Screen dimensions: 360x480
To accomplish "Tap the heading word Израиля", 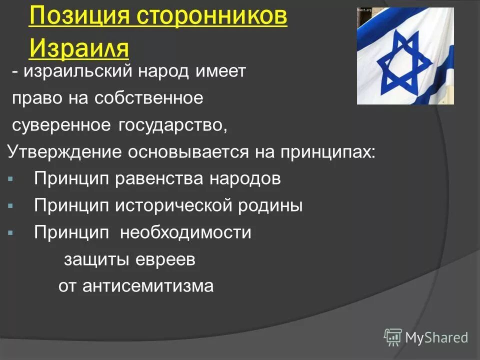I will tap(79, 48).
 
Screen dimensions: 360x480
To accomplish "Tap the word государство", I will tap(172, 125).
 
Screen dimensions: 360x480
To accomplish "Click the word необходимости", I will tap(185, 232).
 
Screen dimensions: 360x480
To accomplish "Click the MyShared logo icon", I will tap(393, 337).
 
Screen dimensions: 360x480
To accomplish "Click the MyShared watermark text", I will tap(436, 337).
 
